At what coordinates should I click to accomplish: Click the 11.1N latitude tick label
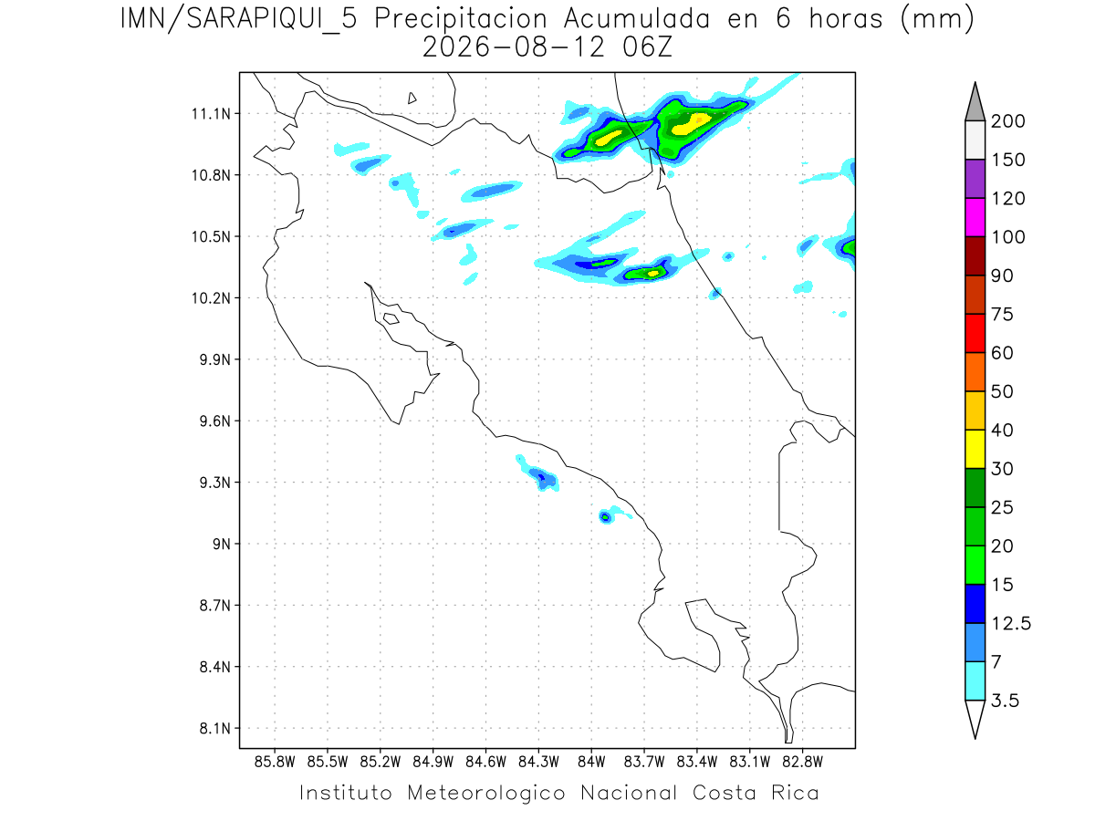click(211, 114)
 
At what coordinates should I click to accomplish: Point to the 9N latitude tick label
click(222, 544)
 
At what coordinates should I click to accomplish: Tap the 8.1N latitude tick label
click(215, 728)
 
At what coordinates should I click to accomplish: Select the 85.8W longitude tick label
click(275, 763)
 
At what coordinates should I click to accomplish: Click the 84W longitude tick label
click(591, 763)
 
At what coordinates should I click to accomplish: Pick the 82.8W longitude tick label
click(802, 763)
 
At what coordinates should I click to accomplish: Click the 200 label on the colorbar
click(1007, 121)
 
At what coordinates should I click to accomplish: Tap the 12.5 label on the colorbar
click(1011, 624)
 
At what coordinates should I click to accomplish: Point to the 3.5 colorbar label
click(1005, 701)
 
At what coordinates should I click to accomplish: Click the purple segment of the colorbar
click(975, 179)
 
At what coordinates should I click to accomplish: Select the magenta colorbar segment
click(975, 217)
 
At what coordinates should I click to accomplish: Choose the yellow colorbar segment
click(975, 449)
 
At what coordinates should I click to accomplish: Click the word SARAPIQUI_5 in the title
click(272, 20)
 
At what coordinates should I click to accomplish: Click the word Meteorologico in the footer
click(485, 794)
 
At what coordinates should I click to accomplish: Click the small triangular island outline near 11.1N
click(412, 99)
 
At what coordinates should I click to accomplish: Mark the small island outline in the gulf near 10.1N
click(391, 318)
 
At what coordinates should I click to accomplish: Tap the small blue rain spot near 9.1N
click(605, 517)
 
